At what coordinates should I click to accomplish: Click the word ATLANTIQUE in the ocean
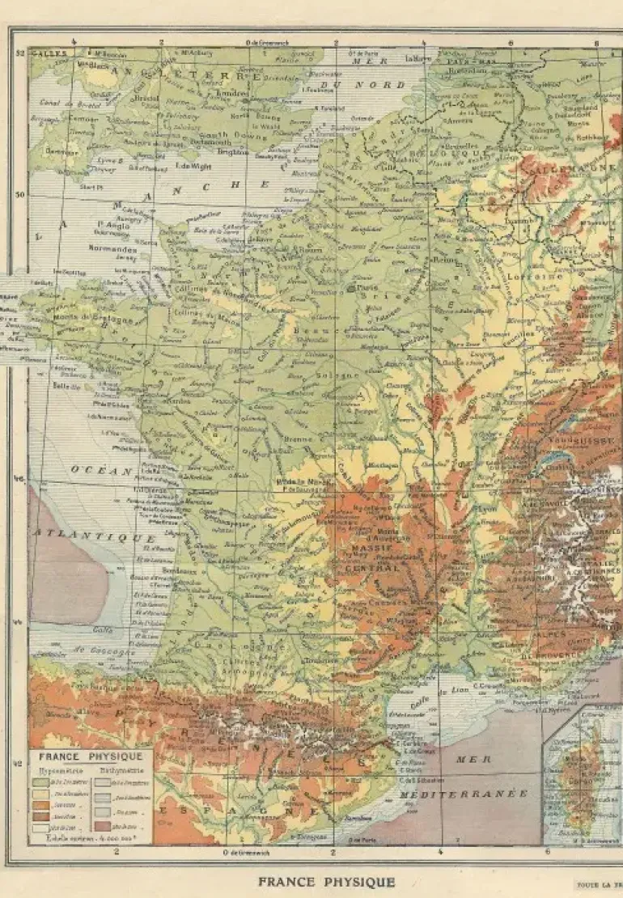(94, 536)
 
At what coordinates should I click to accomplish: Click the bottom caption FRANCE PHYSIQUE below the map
(327, 882)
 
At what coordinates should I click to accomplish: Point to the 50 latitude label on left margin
(20, 194)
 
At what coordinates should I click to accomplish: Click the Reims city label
(443, 260)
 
